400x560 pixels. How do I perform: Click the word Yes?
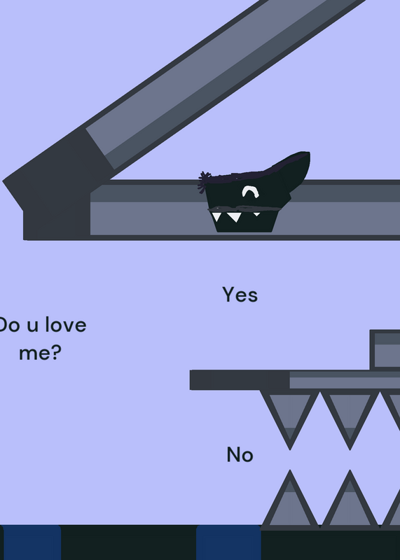pos(240,295)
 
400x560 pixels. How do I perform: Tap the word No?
pos(240,454)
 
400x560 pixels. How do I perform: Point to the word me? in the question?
pos(40,353)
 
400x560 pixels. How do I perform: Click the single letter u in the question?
pos(32,327)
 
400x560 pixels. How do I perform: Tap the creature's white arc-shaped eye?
pos(251,191)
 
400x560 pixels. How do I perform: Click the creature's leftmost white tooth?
pos(216,216)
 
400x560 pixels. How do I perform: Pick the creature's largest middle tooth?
pos(234,217)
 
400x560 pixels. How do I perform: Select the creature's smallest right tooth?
pos(256,214)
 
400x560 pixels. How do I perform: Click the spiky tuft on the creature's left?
pos(204,181)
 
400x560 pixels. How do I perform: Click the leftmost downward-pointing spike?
pos(290,419)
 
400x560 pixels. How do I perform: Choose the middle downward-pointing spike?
pos(350,419)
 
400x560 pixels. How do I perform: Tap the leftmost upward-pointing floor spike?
pos(290,500)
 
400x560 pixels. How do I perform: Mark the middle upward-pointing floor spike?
pos(350,500)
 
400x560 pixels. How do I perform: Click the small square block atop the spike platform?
pos(385,350)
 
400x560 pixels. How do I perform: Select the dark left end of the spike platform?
pos(240,380)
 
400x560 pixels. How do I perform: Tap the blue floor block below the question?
pos(32,542)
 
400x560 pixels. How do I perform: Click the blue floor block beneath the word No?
pos(229,542)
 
